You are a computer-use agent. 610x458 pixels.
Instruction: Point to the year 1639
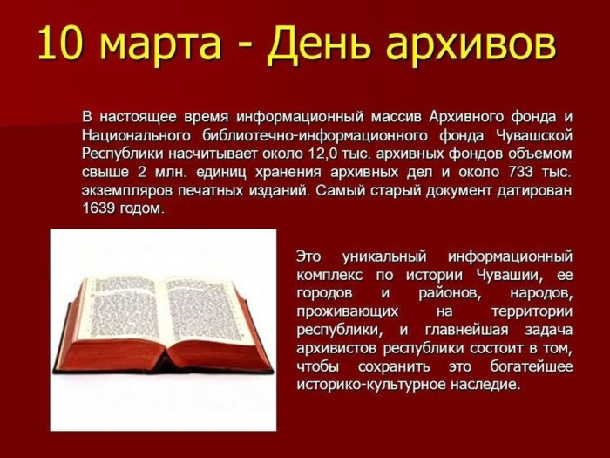tap(99, 208)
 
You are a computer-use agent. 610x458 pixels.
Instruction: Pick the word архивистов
tap(335, 348)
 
